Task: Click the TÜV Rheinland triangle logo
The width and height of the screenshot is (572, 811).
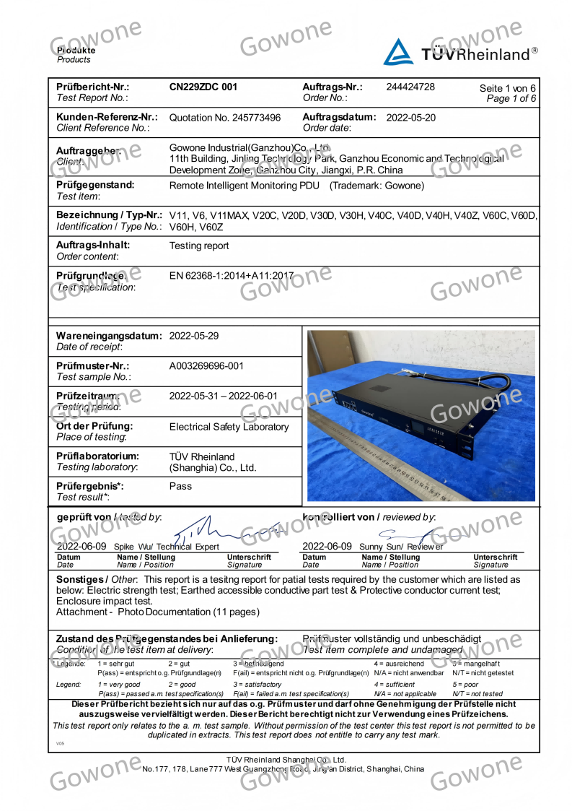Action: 398,52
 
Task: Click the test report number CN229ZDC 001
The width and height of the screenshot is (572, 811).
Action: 203,87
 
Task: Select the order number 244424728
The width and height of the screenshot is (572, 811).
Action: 410,87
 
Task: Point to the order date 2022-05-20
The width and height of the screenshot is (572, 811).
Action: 411,118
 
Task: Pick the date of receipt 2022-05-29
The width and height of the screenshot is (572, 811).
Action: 193,336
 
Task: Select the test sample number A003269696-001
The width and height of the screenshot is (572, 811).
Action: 207,366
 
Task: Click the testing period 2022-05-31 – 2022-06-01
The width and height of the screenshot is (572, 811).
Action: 223,396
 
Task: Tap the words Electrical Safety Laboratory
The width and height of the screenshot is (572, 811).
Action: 229,427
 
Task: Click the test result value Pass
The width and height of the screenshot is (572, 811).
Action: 180,486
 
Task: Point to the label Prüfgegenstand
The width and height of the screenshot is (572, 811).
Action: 95,185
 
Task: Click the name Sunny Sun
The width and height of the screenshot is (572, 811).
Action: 377,547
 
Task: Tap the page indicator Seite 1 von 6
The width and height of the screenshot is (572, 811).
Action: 508,89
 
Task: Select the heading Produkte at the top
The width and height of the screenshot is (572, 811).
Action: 76,51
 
